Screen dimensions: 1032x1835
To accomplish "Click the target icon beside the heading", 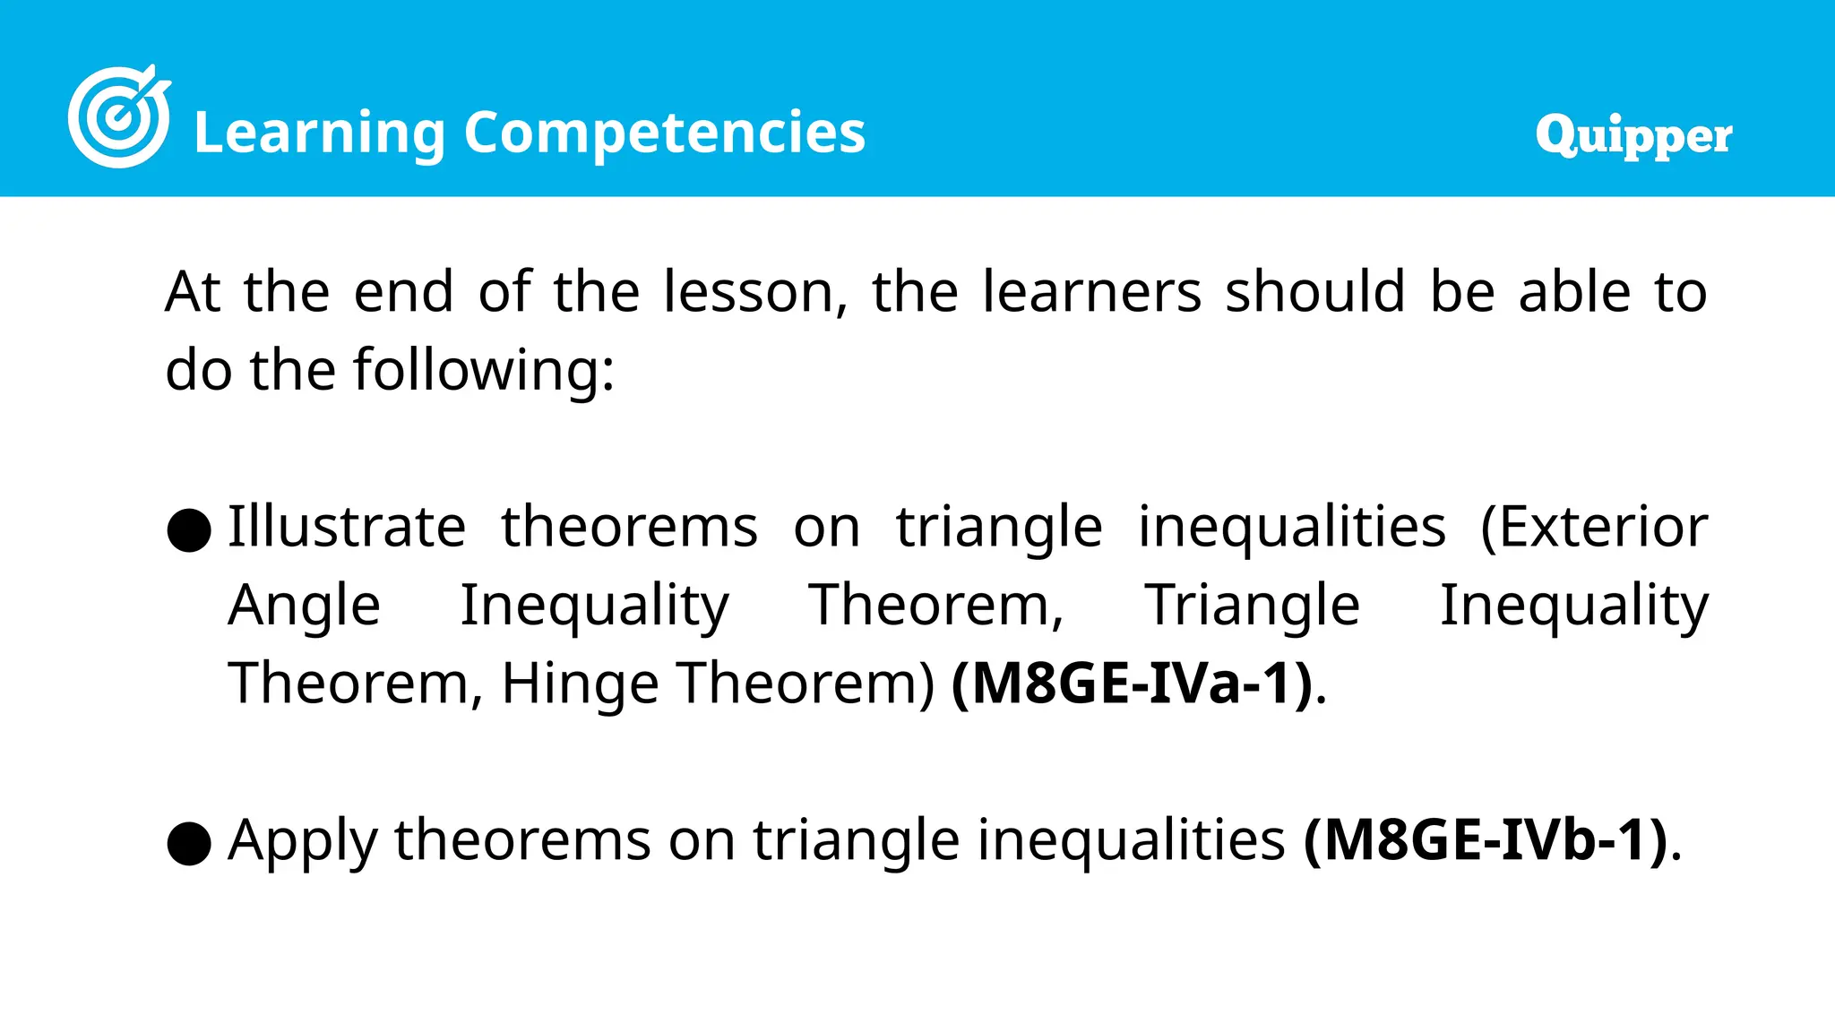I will [x=118, y=116].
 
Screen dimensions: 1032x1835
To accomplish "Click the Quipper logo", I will [x=1633, y=136].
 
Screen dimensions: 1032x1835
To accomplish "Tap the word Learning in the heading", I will [x=319, y=133].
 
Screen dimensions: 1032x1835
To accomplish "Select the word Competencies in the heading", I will [x=664, y=133].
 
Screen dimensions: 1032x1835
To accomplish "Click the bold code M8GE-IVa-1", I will [x=1133, y=684].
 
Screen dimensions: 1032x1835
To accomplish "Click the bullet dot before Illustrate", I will [x=189, y=530].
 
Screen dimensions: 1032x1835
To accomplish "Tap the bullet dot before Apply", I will [x=189, y=844].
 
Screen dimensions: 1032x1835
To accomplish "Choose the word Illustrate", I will [x=346, y=526].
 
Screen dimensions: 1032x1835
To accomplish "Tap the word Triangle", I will [x=1252, y=605].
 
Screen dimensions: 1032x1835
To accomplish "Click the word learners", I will [x=1091, y=292].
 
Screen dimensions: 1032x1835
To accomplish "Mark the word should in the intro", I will [x=1314, y=292].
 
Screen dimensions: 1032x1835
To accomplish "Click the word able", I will [x=1574, y=292].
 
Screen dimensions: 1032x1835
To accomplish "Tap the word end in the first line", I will [x=403, y=292].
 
